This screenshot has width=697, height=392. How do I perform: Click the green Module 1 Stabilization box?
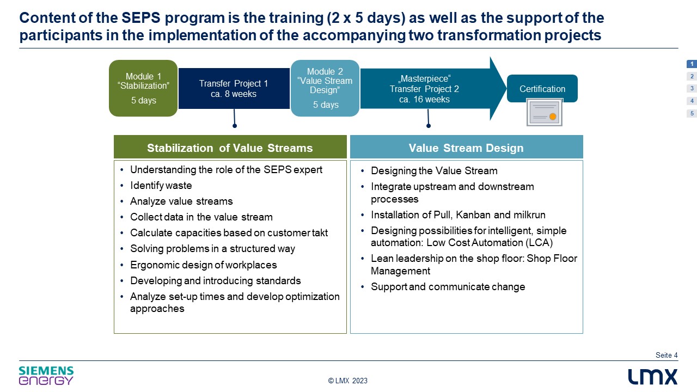click(x=143, y=88)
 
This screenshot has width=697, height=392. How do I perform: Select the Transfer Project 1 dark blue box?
click(x=234, y=88)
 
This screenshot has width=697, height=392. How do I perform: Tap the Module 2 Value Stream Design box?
click(x=325, y=88)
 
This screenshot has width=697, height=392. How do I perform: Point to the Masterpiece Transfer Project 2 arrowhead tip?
click(x=506, y=88)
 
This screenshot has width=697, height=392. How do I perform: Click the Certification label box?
click(x=542, y=88)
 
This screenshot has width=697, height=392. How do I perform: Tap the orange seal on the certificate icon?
click(x=553, y=117)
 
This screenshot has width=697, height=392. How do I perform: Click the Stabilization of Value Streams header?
click(x=230, y=147)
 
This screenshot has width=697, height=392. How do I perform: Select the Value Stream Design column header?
click(x=467, y=147)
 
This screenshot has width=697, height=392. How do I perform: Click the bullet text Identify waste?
click(x=161, y=186)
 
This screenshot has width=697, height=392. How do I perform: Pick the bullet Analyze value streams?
click(x=181, y=201)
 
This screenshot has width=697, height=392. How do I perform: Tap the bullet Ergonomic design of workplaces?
click(x=204, y=265)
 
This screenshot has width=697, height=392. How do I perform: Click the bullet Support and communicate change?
click(x=448, y=286)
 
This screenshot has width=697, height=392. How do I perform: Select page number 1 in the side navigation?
click(x=692, y=64)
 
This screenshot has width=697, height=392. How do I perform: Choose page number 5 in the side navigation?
click(x=692, y=113)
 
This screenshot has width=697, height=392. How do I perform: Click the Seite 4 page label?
click(x=667, y=355)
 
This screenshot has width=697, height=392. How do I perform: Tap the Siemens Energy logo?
click(x=46, y=376)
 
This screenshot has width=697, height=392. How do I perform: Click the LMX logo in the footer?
click(x=652, y=377)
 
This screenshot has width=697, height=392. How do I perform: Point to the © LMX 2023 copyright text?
click(x=348, y=381)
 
